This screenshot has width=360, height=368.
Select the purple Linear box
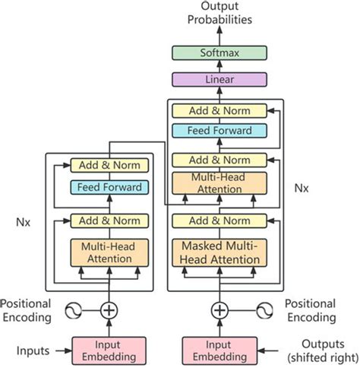219,79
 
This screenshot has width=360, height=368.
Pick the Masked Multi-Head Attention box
219,252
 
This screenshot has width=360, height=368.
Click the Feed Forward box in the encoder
110,187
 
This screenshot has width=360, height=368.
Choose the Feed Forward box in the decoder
219,131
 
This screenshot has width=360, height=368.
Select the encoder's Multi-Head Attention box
110,252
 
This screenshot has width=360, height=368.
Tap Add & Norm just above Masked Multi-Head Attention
219,221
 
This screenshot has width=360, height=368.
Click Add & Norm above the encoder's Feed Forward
110,165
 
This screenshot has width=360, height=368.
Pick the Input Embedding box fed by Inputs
110,351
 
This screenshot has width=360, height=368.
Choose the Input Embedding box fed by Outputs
219,351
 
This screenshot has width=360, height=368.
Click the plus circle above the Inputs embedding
110,310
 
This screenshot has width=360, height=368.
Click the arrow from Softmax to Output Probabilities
219,36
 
